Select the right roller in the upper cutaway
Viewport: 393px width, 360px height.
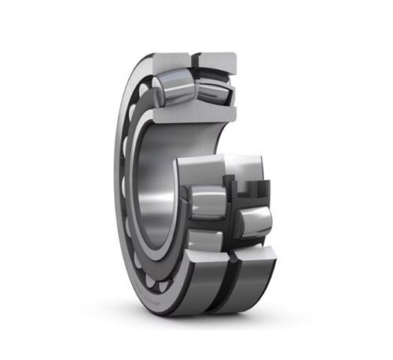pos(213,87)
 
